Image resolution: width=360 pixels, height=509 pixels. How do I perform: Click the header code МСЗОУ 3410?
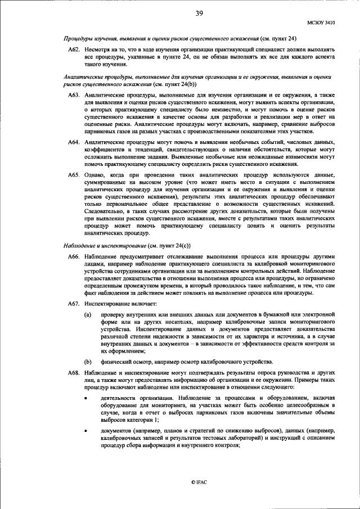(321, 23)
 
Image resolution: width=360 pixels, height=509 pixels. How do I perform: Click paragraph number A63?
(75, 96)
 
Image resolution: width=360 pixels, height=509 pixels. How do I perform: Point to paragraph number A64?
(75, 144)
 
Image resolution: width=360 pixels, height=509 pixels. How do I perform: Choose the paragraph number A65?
(75, 176)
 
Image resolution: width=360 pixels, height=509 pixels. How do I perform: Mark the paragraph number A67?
(75, 304)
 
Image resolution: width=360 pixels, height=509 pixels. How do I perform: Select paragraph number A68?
(75, 373)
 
